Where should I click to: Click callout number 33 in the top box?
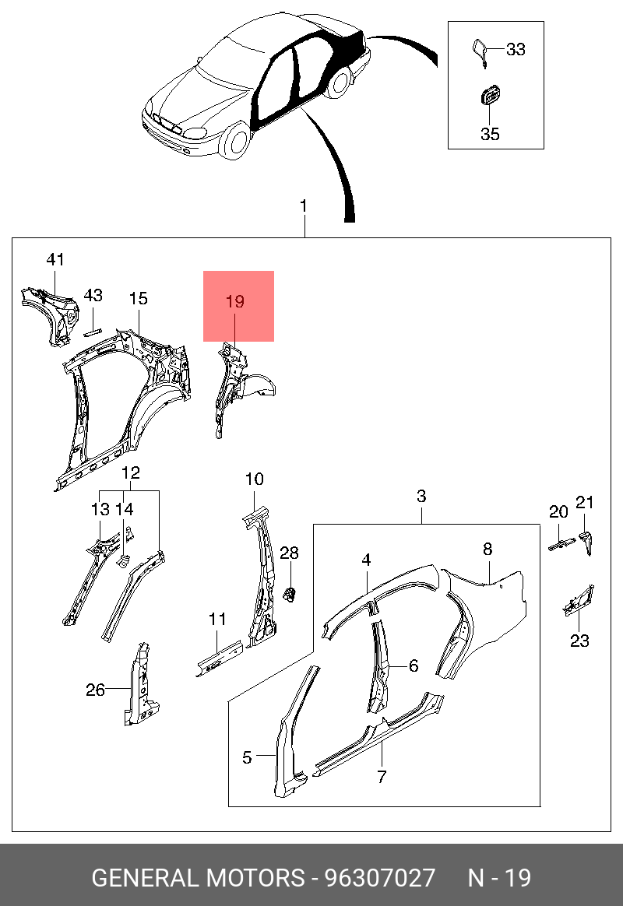[x=516, y=50]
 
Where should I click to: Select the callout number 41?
[x=55, y=259]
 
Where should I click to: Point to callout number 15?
[x=138, y=298]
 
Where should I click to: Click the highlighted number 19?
[x=235, y=302]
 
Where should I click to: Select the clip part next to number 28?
[x=290, y=594]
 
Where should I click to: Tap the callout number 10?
[x=255, y=479]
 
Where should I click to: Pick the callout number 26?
[x=95, y=690]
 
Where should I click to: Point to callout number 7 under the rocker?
[x=382, y=776]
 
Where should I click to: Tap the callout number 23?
[x=579, y=641]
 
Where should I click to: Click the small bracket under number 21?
[x=586, y=541]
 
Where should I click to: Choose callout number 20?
[x=558, y=511]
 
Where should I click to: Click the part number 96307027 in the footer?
[x=380, y=878]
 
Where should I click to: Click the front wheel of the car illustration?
[x=237, y=142]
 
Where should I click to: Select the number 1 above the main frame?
[x=304, y=206]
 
